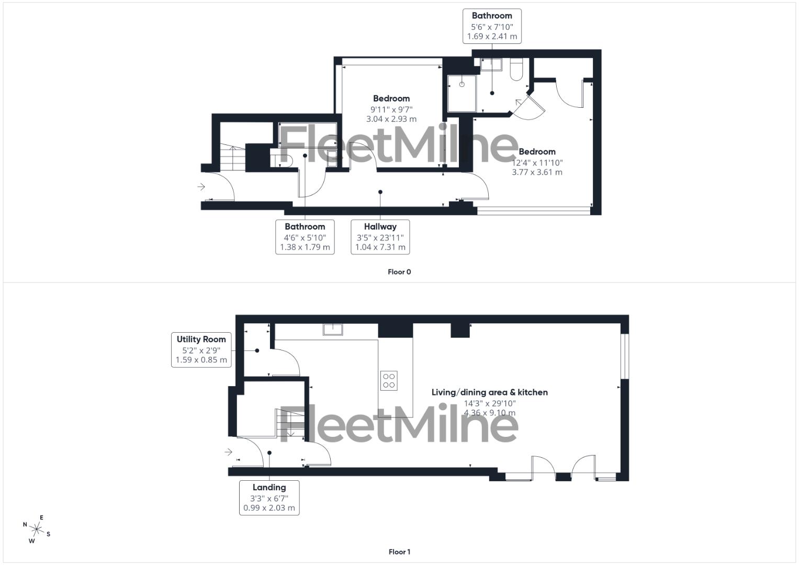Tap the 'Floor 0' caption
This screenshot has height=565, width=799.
point(399,272)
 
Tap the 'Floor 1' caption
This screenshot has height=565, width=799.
point(399,551)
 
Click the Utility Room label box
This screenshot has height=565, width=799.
point(201,349)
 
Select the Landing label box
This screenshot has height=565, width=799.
point(269,498)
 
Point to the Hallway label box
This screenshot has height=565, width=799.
point(380,237)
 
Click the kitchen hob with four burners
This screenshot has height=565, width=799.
point(389,380)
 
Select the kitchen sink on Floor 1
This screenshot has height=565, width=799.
point(333,329)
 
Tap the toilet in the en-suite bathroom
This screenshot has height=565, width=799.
point(515,70)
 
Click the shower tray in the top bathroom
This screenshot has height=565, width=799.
point(462,94)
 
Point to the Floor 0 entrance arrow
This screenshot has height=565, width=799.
point(201,187)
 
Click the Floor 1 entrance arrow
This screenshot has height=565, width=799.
point(228,451)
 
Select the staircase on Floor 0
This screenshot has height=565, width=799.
point(232,157)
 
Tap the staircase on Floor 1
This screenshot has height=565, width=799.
point(289,423)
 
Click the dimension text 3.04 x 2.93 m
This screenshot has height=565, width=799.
point(391,119)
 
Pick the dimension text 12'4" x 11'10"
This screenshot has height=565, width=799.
point(537,163)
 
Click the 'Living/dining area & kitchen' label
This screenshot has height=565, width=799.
point(489,392)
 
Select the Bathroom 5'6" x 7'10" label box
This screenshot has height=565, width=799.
point(492,26)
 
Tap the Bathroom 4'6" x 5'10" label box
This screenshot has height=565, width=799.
point(305,237)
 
